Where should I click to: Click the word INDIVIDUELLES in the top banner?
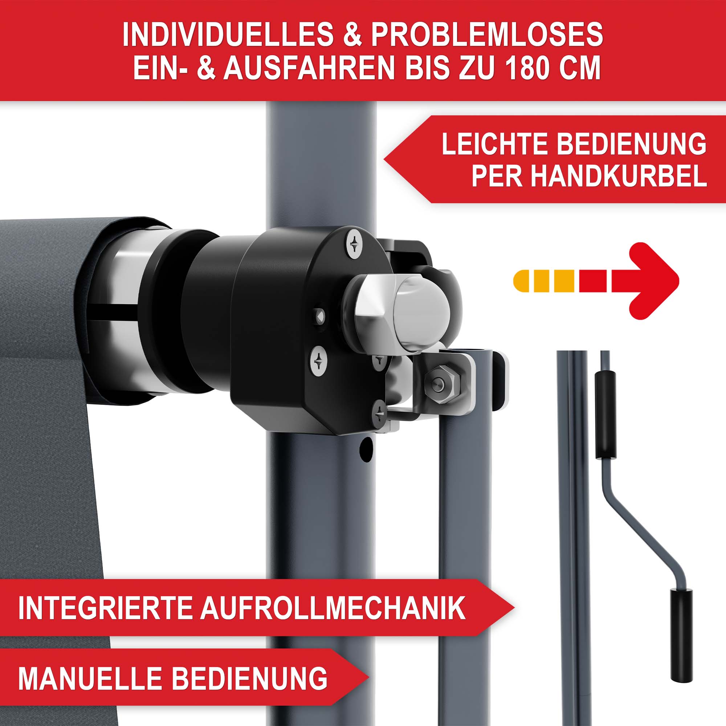(228, 34)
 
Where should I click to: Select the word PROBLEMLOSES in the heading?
(488, 34)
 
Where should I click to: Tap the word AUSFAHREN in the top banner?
(309, 68)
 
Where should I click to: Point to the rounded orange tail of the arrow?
(523, 281)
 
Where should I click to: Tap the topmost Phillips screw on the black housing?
(354, 244)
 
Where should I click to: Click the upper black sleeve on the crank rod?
(605, 415)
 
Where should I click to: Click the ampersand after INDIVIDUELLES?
(352, 34)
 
